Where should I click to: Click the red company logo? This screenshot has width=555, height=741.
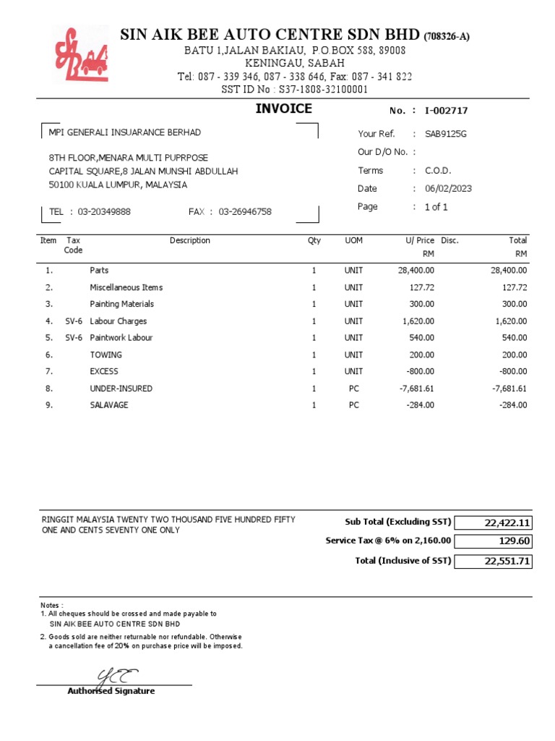pos(80,56)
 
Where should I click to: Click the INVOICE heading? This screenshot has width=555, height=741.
pos(283,109)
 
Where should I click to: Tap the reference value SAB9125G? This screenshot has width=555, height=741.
pos(447,134)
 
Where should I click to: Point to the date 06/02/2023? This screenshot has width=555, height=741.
pos(448,189)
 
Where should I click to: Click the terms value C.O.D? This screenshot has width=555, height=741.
pos(438,171)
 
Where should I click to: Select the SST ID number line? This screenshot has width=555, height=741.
pos(295,90)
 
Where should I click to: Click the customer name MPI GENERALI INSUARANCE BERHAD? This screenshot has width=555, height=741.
pos(124,132)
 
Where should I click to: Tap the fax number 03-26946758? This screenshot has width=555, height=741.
pos(245,212)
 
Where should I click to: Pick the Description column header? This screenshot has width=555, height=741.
pos(190,241)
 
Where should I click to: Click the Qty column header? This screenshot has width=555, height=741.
pos(314,241)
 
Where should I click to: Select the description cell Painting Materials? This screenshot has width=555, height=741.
pos(121,305)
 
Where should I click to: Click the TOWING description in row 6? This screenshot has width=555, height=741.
pos(106,355)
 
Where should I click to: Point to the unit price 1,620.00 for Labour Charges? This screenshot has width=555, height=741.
pos(418,321)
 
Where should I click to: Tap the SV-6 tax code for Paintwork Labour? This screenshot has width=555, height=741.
pos(74,338)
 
